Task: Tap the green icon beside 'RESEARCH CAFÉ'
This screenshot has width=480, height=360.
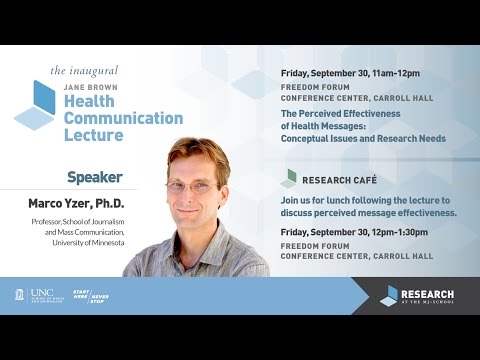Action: click(288, 178)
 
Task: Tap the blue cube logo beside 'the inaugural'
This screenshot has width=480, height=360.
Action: click(36, 102)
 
